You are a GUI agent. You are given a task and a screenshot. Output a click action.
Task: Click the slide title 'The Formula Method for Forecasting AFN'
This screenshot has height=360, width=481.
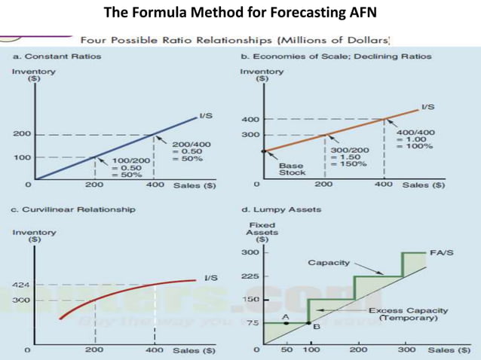(240, 13)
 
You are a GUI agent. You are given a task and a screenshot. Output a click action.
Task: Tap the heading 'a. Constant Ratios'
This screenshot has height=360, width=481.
(57, 56)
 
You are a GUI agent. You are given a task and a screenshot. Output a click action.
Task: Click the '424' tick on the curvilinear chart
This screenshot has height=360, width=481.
(20, 285)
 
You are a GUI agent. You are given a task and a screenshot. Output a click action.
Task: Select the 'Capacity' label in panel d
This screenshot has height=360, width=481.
(327, 262)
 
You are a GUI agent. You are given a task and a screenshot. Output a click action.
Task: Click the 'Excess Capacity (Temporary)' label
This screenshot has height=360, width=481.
(408, 314)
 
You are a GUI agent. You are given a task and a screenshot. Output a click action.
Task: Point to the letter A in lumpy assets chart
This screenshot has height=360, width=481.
(285, 318)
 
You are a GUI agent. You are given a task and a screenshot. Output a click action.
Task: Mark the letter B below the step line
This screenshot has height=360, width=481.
(316, 327)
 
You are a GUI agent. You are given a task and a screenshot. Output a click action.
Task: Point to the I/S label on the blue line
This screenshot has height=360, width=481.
(205, 116)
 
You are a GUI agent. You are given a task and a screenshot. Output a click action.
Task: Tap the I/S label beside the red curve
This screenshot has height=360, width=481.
(210, 277)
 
